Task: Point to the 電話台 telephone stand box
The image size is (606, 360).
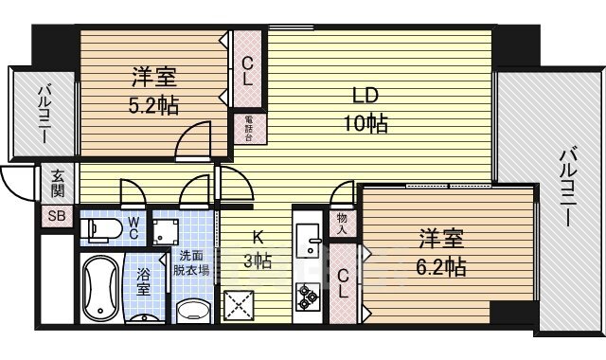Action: click(x=249, y=125)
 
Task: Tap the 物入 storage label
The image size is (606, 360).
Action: click(x=342, y=224)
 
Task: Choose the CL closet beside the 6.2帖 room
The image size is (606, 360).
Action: click(x=344, y=281)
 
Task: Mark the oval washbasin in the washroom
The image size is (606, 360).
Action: click(x=193, y=309)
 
